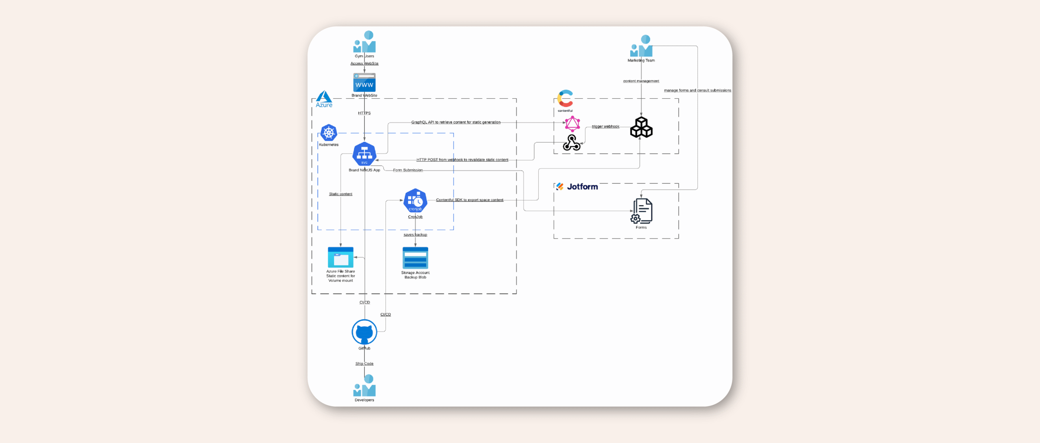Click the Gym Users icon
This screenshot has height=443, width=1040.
click(x=364, y=42)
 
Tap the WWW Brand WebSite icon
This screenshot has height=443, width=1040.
click(x=364, y=83)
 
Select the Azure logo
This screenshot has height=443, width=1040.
click(x=324, y=99)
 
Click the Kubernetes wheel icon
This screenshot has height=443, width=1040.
click(x=329, y=133)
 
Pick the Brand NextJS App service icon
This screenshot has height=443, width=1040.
click(x=364, y=154)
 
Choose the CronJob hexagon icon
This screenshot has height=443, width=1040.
click(x=415, y=200)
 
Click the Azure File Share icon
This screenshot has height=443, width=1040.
click(x=340, y=257)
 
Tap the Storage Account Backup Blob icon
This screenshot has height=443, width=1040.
click(x=415, y=258)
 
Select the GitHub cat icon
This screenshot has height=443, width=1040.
click(x=364, y=332)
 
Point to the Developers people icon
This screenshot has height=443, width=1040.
click(x=364, y=386)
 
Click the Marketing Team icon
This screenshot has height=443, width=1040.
click(x=641, y=46)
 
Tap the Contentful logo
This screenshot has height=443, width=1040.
click(x=565, y=99)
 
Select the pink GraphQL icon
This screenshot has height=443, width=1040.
click(x=572, y=124)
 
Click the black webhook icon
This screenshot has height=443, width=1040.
click(x=572, y=143)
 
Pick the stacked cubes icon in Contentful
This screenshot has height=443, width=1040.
click(x=641, y=127)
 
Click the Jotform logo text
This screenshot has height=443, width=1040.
click(x=582, y=187)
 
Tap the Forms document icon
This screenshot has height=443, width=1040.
click(x=641, y=211)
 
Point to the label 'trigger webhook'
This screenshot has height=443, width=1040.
click(x=605, y=126)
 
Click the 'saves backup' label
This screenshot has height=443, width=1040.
click(x=415, y=235)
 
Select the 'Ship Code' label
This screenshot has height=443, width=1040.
click(x=364, y=364)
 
